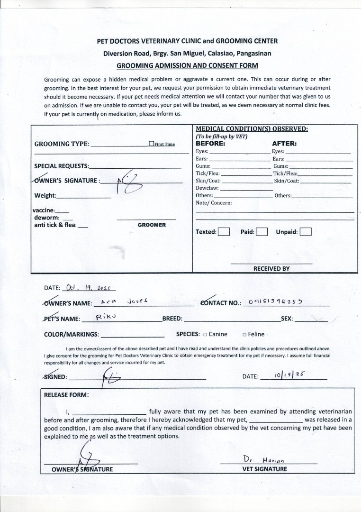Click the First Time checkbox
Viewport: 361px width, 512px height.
click(151, 144)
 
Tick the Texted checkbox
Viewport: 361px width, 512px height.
click(224, 232)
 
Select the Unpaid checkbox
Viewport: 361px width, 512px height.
click(306, 232)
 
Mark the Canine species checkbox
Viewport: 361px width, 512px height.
click(205, 334)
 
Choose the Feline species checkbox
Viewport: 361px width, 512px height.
click(244, 334)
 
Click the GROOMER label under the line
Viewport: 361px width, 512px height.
click(152, 225)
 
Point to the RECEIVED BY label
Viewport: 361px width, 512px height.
click(271, 268)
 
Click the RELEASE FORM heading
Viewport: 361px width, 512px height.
click(66, 394)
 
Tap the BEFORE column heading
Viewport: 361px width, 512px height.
click(210, 144)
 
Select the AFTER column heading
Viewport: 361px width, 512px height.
click(284, 144)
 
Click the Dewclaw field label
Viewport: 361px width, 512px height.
click(207, 188)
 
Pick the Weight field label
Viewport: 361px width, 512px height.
click(45, 195)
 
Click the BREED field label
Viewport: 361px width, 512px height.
click(172, 319)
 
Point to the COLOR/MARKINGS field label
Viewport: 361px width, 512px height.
click(71, 334)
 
